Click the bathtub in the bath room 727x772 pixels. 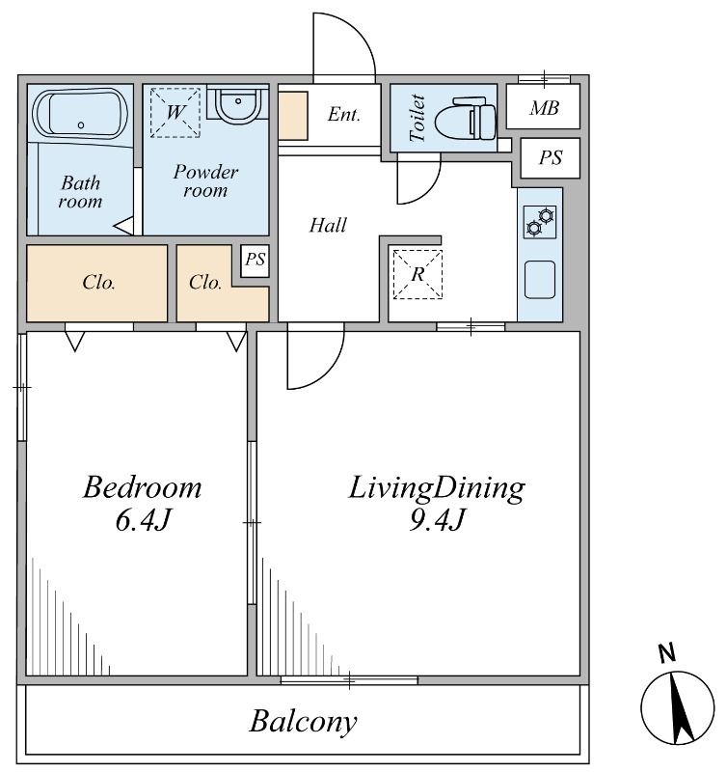[80, 113]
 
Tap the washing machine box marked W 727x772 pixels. [175, 112]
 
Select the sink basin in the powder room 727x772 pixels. [237, 104]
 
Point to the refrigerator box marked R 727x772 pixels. [417, 274]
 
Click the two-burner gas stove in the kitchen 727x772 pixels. [540, 222]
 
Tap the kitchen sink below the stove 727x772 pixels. [540, 280]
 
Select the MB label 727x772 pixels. [544, 108]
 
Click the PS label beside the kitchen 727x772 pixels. [551, 157]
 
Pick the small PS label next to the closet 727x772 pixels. [256, 259]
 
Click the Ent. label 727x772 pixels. [344, 115]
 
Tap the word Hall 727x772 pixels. [328, 225]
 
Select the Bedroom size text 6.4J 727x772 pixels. [143, 520]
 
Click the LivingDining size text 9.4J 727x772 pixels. [437, 520]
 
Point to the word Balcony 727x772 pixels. [303, 722]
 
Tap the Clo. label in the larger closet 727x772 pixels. [99, 283]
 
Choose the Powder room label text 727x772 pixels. [205, 180]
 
